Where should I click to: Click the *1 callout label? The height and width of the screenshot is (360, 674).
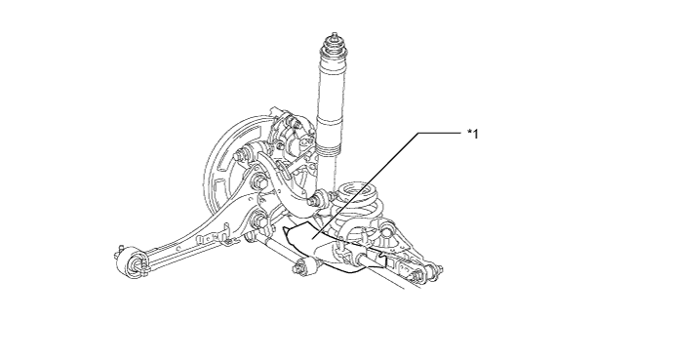click(473, 135)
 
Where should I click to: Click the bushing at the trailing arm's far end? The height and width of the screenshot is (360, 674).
click(132, 261)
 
